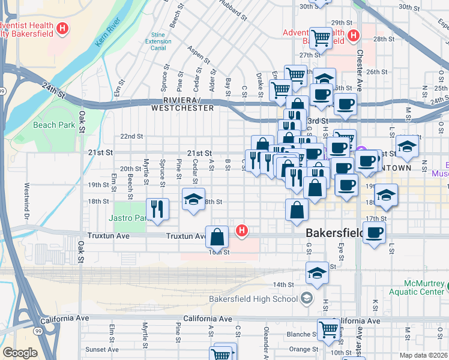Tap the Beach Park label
[54, 125]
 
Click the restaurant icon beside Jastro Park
[158, 209]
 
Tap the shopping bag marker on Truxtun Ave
[217, 237]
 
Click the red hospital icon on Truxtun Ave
[241, 230]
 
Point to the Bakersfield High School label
[253, 299]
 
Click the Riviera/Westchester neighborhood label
[182, 104]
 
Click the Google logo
[20, 353]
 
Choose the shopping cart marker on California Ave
[328, 329]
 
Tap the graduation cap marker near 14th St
[317, 273]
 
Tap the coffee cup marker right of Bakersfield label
[374, 233]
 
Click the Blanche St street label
[298, 335]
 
